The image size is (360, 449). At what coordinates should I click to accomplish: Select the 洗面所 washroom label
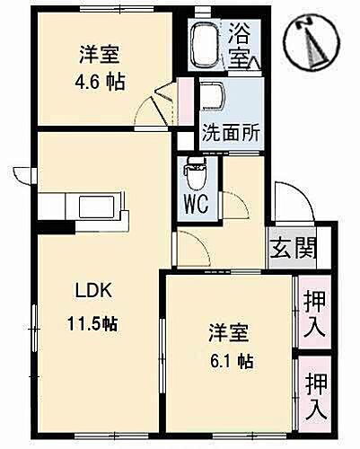point(231,129)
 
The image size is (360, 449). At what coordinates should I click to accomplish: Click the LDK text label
point(90,290)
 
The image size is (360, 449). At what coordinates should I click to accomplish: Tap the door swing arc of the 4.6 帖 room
point(162,103)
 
